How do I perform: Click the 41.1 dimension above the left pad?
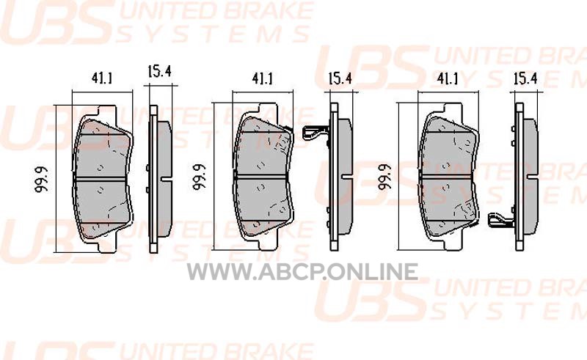click(101, 78)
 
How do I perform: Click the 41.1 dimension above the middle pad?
click(263, 78)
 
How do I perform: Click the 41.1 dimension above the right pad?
click(448, 78)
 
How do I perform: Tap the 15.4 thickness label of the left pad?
click(159, 70)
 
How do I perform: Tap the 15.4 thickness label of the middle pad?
click(340, 78)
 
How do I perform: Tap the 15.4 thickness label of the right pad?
click(525, 78)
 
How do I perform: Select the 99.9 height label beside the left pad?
click(42, 180)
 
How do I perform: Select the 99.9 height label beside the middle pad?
click(200, 177)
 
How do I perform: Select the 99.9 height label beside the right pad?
click(384, 177)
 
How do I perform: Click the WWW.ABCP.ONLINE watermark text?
click(302, 272)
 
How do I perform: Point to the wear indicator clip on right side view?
click(501, 220)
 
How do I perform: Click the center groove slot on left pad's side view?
click(167, 179)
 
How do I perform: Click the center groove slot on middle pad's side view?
click(346, 176)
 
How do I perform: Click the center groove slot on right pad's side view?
click(532, 176)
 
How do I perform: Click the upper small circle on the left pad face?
click(100, 168)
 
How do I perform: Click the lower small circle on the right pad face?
click(446, 186)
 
